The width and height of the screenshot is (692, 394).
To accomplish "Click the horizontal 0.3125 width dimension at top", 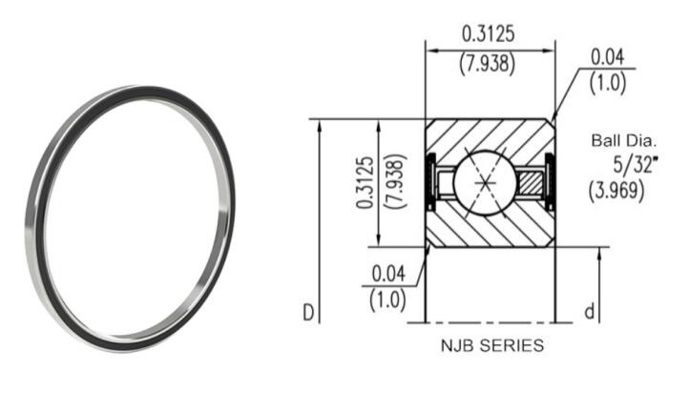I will click(489, 34).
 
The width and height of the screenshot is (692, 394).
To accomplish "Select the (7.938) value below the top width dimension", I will click(489, 64).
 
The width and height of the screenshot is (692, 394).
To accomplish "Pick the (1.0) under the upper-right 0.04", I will click(609, 83).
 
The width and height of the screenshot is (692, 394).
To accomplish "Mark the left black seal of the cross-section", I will click(430, 181).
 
